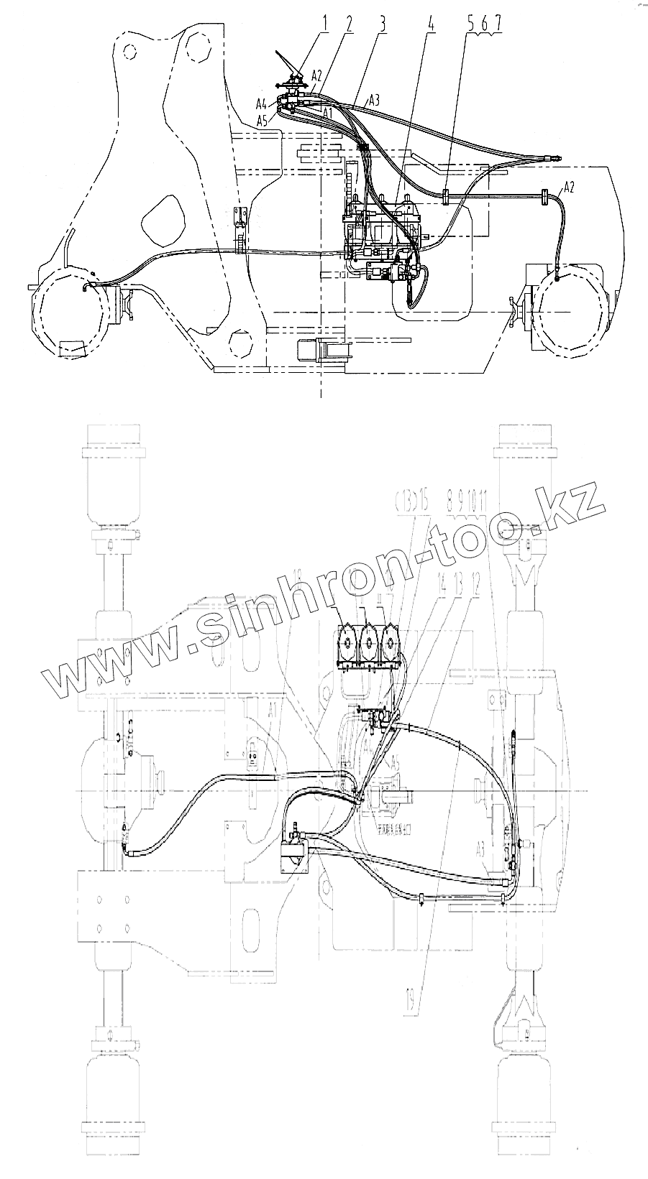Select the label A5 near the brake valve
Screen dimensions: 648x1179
click(x=263, y=119)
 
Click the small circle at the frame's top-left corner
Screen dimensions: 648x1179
click(x=129, y=51)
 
